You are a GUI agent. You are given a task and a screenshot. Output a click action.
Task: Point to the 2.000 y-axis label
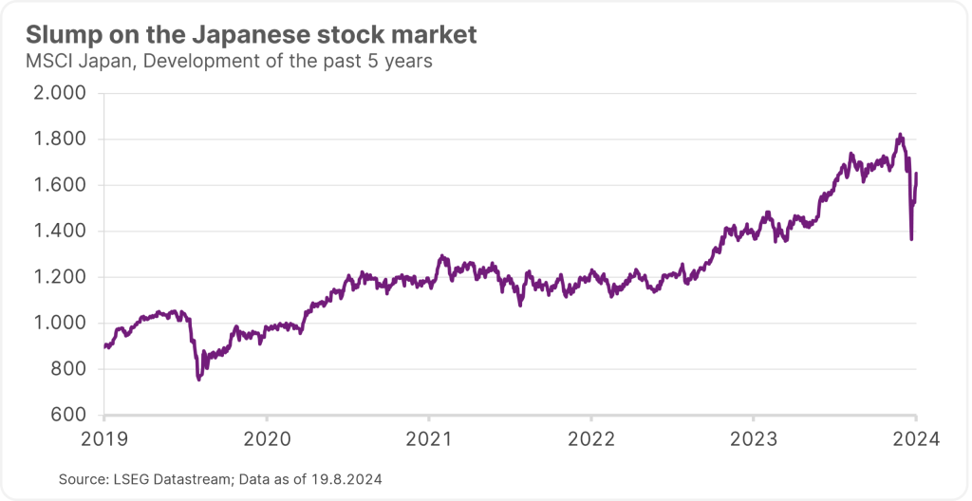(x=60, y=94)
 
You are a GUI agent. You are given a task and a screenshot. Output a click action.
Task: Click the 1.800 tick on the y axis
(x=60, y=139)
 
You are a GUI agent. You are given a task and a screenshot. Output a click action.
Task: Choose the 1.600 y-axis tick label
(x=60, y=186)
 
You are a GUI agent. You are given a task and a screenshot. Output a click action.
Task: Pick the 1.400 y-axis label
(x=60, y=232)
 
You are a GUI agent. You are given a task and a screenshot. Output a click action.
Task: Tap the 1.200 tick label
(x=60, y=277)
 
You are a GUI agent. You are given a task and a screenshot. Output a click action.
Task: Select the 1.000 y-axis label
(x=60, y=324)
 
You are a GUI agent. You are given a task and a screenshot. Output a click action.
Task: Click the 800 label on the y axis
(x=67, y=369)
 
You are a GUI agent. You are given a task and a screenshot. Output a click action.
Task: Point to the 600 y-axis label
(x=67, y=415)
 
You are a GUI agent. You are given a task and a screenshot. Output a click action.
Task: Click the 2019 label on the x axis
(x=104, y=439)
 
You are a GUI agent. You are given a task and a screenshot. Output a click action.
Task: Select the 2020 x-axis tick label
(x=267, y=439)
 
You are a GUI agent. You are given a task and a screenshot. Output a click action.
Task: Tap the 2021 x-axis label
(x=429, y=439)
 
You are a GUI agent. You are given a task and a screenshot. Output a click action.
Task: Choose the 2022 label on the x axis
(x=590, y=439)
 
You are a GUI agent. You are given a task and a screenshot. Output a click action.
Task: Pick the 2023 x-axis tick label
(x=753, y=439)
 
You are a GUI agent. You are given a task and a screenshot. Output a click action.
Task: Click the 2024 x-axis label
(x=915, y=439)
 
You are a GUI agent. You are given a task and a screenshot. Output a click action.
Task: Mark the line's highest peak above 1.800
(x=899, y=135)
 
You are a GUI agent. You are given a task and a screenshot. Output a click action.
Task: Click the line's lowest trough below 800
(x=198, y=380)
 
